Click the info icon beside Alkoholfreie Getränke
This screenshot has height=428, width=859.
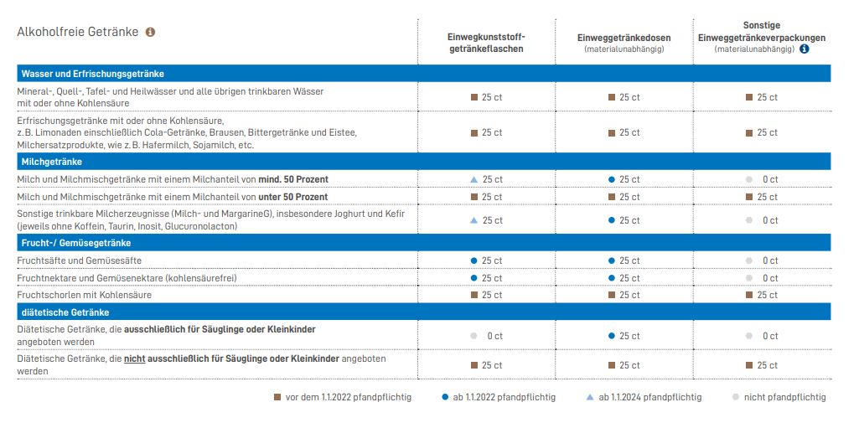(x=151, y=32)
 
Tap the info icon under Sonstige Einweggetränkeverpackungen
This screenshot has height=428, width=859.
(x=805, y=49)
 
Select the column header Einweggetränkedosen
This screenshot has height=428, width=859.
(x=624, y=38)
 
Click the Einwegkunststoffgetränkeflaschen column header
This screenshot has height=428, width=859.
(x=486, y=44)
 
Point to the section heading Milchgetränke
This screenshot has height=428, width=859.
(x=52, y=162)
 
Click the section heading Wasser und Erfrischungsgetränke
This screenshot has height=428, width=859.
(x=93, y=74)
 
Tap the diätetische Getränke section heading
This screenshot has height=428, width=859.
(x=65, y=312)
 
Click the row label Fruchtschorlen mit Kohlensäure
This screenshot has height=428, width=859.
(x=85, y=295)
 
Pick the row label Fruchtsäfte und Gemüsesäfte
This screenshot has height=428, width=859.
(x=76, y=260)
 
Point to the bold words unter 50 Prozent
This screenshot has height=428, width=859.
(x=293, y=197)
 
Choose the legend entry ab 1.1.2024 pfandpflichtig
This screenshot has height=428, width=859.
(x=644, y=397)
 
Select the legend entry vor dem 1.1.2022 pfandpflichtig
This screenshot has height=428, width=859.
(x=343, y=397)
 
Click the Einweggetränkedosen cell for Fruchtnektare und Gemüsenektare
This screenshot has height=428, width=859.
(x=624, y=277)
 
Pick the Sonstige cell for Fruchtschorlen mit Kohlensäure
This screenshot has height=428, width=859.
(x=762, y=295)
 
